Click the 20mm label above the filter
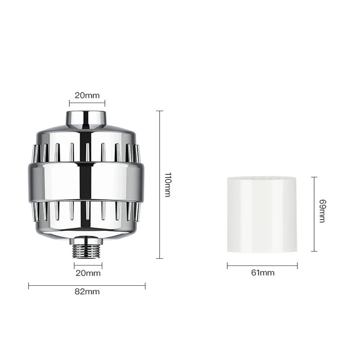[x=86, y=95]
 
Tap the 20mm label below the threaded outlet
[x=88, y=273]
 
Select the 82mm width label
[x=87, y=292]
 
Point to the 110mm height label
[x=167, y=184]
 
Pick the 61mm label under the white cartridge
[x=262, y=273]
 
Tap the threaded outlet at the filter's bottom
[x=88, y=249]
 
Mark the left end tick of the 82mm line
[x=29, y=285]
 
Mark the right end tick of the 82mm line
[x=145, y=285]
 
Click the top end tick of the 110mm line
[x=158, y=111]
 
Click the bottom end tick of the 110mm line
[x=158, y=258]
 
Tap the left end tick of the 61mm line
[x=227, y=266]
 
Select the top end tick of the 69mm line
[x=314, y=177]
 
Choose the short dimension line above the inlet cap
[x=87, y=103]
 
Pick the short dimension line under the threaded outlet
[x=88, y=265]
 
